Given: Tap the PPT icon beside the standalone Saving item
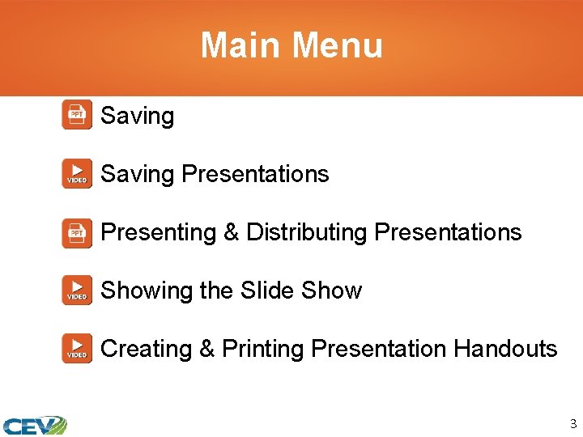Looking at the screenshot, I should coord(77,115).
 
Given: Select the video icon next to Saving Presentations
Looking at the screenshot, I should coord(77,174).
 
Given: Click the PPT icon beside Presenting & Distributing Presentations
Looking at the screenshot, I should coord(77,232).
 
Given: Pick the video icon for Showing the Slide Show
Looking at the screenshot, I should coord(77,291).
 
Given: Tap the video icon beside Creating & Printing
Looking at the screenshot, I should coord(77,349).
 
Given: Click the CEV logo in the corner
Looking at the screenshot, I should coord(34,425).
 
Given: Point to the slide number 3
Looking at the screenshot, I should coord(572,423).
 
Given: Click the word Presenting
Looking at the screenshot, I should coord(158,233).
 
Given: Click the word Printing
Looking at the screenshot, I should coord(262,350).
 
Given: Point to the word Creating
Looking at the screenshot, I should coord(146,349).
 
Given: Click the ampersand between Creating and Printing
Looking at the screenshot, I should coord(206,349).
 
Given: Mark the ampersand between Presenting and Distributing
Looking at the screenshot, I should coord(231,233).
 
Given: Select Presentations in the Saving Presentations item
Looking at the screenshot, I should coord(255,174).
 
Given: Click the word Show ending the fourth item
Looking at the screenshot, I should coord(331,291).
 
